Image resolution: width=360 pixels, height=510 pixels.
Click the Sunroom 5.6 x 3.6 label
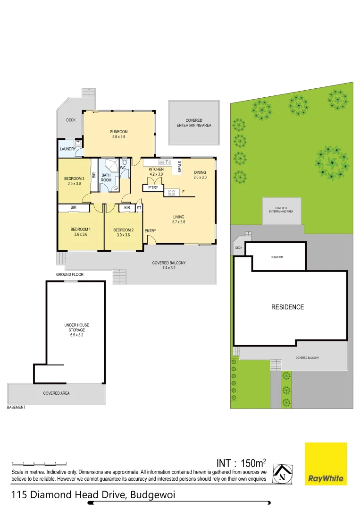coord(119,134)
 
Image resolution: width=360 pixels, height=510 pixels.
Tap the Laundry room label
coord(68,149)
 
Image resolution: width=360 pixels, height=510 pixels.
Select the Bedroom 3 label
coord(74,180)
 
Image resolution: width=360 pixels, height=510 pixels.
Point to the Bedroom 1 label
coord(80,232)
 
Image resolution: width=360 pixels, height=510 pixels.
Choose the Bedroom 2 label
coord(123,232)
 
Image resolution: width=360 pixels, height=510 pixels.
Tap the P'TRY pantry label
coord(153,187)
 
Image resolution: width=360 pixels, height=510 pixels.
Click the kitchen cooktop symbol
coord(171,192)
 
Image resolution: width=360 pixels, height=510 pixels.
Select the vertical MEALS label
coord(180,166)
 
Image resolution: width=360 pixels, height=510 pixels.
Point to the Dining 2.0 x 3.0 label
coord(201,175)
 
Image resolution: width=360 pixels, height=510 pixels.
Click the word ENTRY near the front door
coord(151,231)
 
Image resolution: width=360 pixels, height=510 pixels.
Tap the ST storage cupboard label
coord(139,208)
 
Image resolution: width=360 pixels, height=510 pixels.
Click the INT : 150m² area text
coord(241,462)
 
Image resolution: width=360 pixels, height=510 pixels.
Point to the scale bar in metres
coord(40,463)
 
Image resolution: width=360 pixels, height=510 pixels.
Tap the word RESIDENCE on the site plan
coord(287,307)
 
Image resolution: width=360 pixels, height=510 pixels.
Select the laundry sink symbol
coord(77,143)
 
